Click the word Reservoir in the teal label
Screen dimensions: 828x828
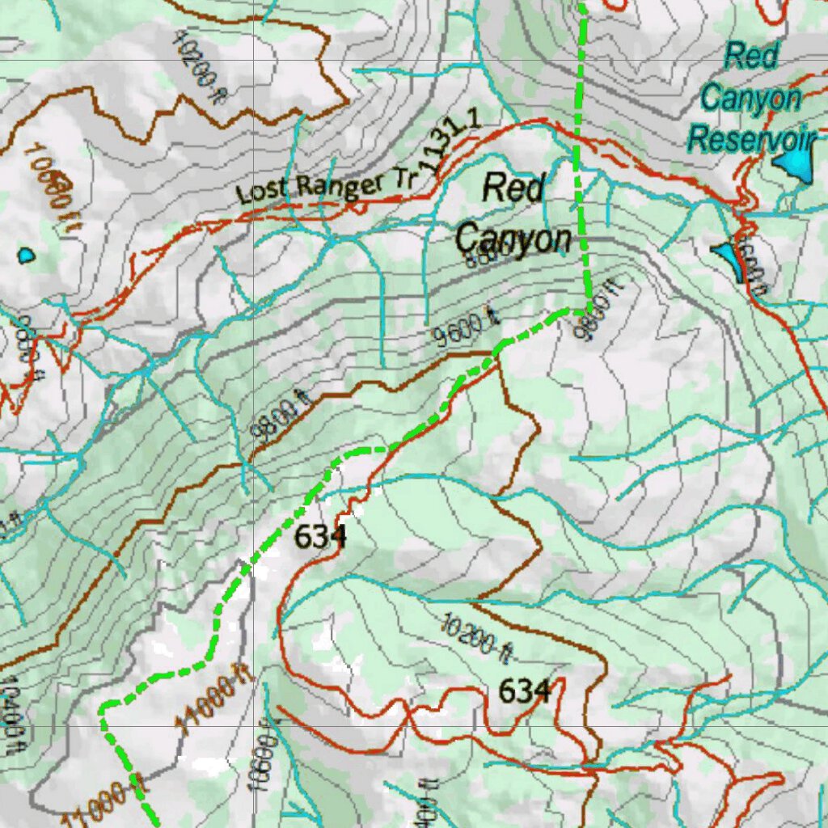point(750,139)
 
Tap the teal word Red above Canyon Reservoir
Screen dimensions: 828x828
point(752,57)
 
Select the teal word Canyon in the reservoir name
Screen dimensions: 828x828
point(750,98)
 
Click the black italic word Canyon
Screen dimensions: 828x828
point(513,239)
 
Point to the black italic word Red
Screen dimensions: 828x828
point(513,188)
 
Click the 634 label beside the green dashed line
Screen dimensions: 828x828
point(319,536)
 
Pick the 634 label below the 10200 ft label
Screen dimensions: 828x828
point(525,691)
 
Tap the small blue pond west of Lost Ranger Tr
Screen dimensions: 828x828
point(27,256)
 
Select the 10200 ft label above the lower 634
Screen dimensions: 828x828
point(477,636)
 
